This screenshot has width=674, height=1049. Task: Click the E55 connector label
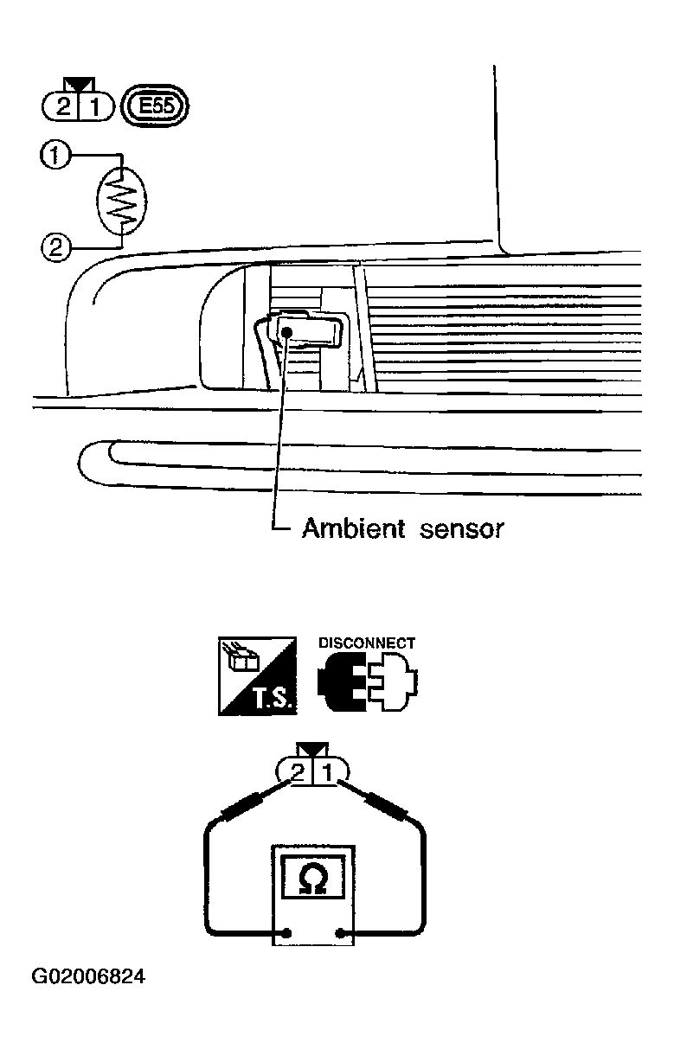coord(155,106)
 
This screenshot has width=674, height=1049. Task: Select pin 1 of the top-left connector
coord(95,107)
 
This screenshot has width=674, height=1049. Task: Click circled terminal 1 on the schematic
coord(55,156)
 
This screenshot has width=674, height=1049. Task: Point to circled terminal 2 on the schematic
coord(55,246)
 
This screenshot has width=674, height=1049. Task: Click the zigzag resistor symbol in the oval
coord(122,201)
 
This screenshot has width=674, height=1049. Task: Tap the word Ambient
coord(353,528)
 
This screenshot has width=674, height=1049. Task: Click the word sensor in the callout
coord(462,529)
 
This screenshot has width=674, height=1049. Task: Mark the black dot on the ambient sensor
coord(287,331)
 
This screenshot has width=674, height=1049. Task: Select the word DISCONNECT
coord(367,643)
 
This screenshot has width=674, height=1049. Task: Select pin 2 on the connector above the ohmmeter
coord(298,772)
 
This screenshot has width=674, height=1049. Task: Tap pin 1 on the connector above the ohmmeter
coord(327,772)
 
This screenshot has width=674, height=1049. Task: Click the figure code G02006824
coord(88,976)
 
